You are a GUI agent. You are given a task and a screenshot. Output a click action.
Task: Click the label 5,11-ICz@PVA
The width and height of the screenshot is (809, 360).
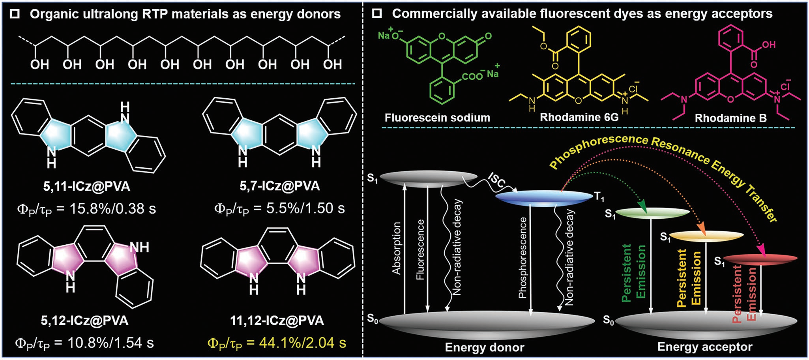point(86,186)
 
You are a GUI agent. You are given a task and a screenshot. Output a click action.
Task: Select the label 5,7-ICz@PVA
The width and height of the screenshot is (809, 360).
point(279,186)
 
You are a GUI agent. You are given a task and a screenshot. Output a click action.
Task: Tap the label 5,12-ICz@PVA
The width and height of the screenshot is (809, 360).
point(84,320)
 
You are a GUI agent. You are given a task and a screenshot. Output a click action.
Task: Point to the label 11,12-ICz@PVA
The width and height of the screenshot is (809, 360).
point(277,320)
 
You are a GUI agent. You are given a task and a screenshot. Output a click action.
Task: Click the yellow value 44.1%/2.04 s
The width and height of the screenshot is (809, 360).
point(302,343)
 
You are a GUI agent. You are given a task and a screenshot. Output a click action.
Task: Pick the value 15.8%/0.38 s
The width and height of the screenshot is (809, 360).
point(112,208)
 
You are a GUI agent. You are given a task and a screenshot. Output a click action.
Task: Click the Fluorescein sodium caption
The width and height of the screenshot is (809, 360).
point(437,118)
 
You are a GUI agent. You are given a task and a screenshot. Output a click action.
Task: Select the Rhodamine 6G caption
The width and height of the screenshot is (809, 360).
point(579,117)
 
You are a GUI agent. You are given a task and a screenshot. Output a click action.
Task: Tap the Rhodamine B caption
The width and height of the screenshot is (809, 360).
point(730,118)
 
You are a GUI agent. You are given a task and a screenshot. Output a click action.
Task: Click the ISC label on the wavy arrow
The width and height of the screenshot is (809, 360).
point(496,180)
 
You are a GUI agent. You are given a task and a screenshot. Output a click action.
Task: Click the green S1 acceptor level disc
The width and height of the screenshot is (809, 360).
point(652,213)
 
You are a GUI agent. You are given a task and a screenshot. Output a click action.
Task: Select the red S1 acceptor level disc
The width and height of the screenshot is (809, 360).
point(760,259)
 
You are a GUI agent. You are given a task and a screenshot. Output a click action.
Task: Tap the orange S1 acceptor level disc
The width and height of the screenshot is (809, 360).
point(706,236)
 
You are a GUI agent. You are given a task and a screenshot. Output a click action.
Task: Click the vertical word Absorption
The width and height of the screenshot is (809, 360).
point(396,248)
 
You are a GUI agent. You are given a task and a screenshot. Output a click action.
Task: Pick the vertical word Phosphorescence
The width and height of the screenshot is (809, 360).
point(522,257)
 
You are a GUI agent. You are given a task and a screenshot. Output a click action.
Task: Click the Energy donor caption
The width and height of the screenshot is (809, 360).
point(484,347)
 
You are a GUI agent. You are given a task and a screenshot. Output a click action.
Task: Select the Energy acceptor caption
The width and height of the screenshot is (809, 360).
point(704,347)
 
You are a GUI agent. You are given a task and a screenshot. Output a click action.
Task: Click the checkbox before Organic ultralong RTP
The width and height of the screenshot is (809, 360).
point(15,14)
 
